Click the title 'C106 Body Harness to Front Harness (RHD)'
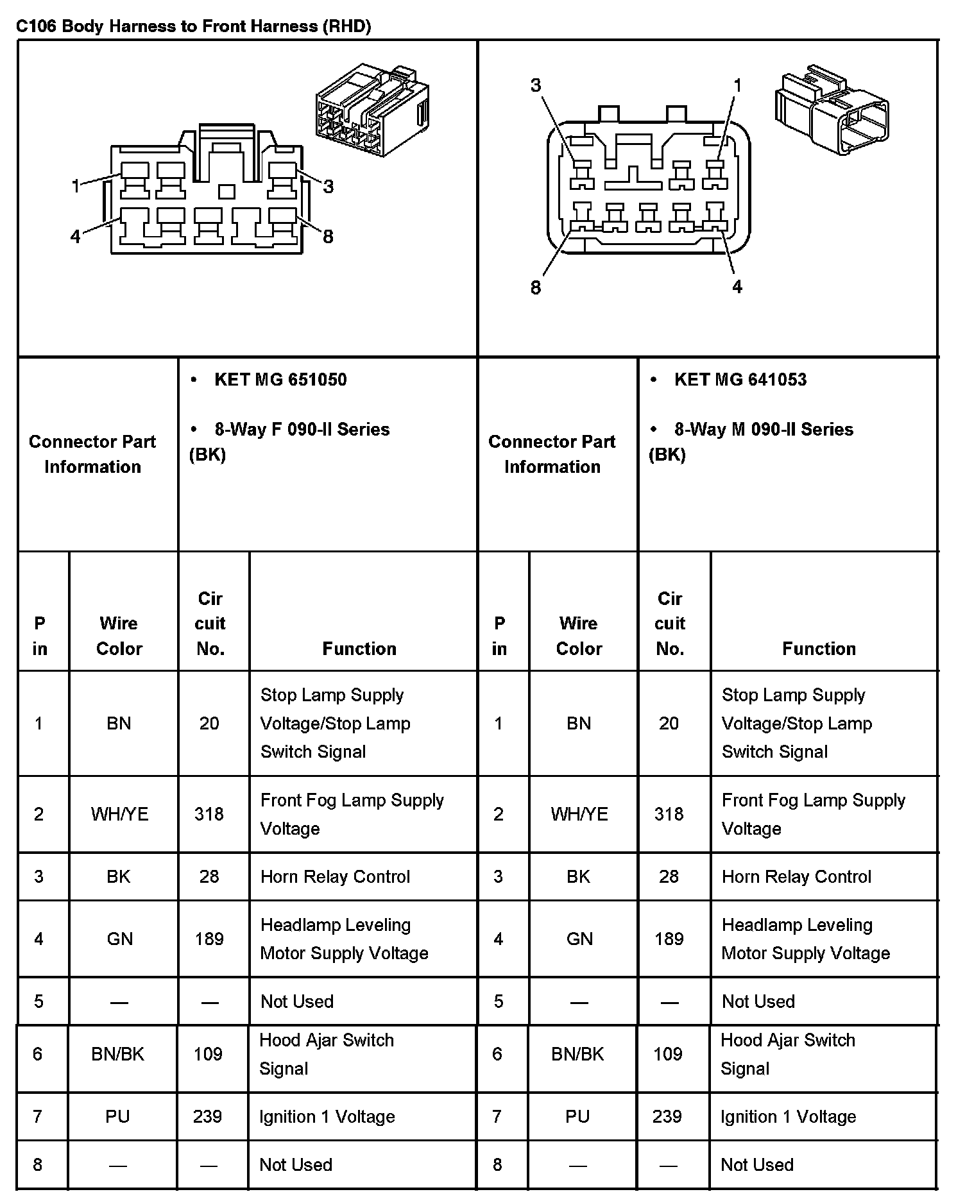click(x=193, y=26)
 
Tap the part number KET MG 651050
click(x=280, y=380)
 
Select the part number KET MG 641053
click(x=740, y=380)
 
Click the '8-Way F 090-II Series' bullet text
click(x=302, y=430)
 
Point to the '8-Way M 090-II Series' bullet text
click(x=764, y=430)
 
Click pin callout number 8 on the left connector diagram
click(x=328, y=237)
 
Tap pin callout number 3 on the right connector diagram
click(x=536, y=85)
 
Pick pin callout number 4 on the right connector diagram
click(x=737, y=287)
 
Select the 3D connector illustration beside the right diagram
click(x=832, y=109)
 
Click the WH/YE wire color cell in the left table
click(x=119, y=814)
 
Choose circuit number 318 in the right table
click(x=669, y=814)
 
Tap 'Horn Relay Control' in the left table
click(x=335, y=877)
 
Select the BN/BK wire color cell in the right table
click(x=577, y=1054)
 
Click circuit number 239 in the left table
click(x=208, y=1117)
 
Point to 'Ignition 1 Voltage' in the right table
click(x=788, y=1117)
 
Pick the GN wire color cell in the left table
click(x=119, y=939)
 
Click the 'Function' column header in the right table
click(x=819, y=649)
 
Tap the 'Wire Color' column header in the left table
click(x=119, y=636)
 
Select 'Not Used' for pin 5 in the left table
click(x=297, y=1001)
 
